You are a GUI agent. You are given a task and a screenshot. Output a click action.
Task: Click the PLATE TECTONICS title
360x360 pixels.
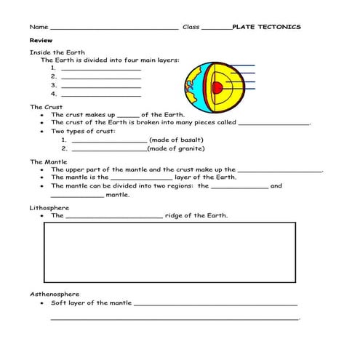(x=265, y=27)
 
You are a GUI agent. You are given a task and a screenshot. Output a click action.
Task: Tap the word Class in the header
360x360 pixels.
(x=191, y=27)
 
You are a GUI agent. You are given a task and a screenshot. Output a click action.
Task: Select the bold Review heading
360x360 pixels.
(x=40, y=41)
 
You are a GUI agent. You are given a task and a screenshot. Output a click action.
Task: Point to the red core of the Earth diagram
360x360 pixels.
(x=216, y=87)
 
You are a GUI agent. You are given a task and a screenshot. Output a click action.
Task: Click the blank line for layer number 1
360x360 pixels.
(x=101, y=69)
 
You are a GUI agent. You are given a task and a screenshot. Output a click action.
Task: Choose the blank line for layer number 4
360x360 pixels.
(x=101, y=95)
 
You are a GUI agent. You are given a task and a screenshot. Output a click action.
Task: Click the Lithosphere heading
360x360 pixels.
(x=49, y=207)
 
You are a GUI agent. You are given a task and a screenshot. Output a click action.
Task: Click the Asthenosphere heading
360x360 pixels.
(x=55, y=294)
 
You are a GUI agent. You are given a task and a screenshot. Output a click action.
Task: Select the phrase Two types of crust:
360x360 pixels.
(x=83, y=131)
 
